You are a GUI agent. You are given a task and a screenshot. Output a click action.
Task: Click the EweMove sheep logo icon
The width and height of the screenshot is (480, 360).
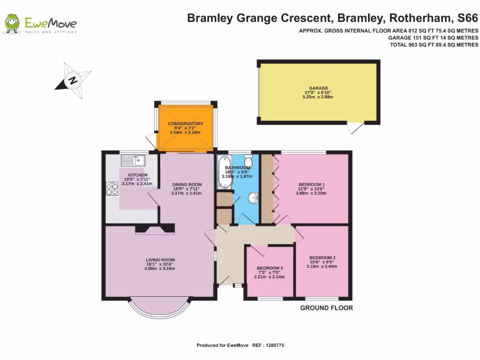tap(12, 24)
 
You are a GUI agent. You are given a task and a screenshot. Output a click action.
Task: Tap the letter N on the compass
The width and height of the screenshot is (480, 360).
tap(73, 80)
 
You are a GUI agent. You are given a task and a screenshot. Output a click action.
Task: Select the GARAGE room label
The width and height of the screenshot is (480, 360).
tap(317, 88)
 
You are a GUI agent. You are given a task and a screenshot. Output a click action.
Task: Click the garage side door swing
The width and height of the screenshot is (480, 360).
tap(355, 127)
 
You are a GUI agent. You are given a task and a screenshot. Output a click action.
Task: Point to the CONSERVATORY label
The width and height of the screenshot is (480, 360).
tap(186, 124)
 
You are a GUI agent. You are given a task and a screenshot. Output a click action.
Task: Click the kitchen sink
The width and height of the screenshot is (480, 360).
tap(133, 161)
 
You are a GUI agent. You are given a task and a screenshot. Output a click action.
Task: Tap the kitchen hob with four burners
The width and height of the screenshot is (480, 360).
tap(112, 188)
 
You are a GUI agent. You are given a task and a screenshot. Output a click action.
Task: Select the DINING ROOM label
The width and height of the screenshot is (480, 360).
tap(187, 184)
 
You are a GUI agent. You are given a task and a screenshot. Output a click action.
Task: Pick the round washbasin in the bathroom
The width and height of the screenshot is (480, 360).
tap(254, 199)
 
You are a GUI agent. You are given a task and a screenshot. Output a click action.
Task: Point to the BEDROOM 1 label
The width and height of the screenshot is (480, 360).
tap(311, 184)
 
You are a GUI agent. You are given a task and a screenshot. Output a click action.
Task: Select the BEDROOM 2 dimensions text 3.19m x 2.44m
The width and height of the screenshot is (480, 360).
tap(322, 266)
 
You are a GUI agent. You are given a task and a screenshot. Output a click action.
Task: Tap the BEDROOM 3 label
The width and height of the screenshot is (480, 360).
tap(270, 269)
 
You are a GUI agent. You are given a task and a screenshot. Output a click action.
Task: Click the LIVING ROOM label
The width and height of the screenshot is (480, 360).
tap(160, 260)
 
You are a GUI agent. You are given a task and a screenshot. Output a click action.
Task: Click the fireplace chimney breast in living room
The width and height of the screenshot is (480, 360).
tap(155, 228)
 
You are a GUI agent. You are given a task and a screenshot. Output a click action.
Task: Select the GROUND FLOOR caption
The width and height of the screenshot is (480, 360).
tap(326, 308)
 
